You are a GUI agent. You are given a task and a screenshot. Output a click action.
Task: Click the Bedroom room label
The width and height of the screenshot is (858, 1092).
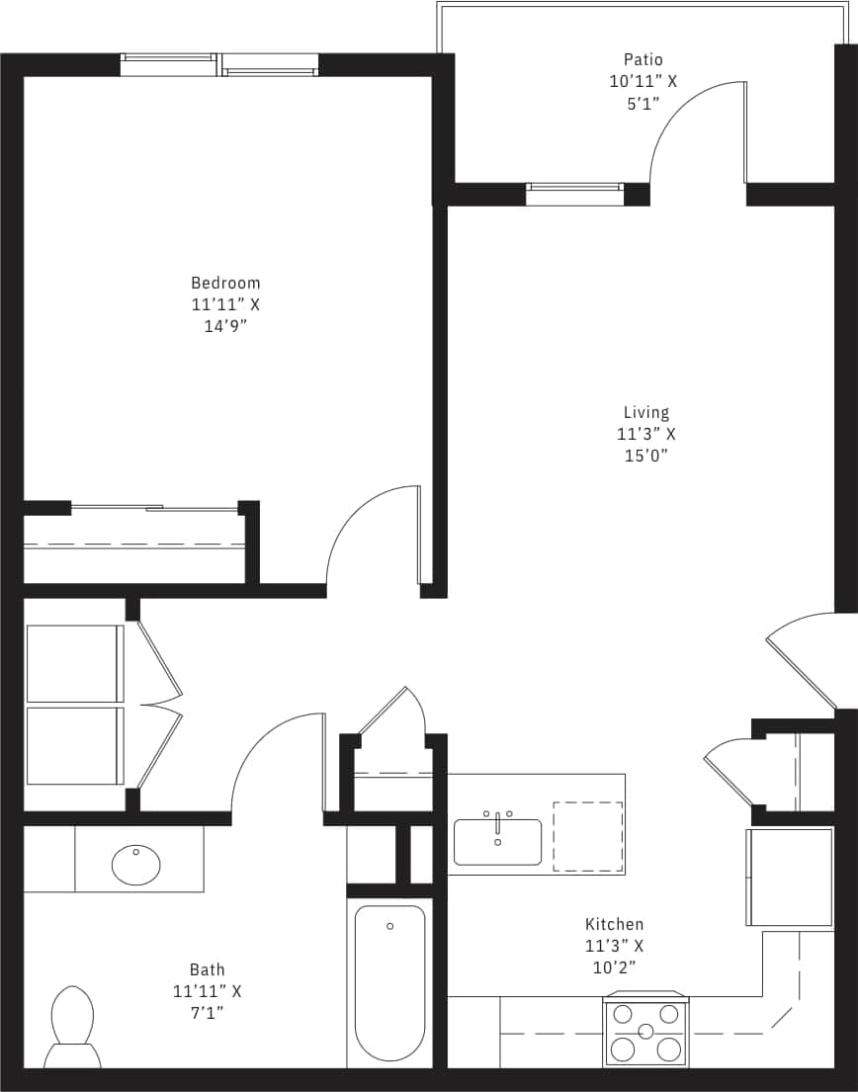tap(225, 283)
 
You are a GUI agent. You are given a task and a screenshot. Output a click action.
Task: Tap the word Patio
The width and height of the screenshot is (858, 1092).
tap(643, 60)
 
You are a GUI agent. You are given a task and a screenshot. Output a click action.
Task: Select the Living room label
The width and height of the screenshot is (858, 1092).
tap(645, 412)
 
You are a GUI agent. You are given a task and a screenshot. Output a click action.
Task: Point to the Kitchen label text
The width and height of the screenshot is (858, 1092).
tap(614, 924)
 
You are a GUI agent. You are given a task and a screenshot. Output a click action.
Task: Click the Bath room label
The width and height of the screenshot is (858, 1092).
tap(207, 969)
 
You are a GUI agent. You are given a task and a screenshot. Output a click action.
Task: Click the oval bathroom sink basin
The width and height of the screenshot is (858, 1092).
tap(135, 865)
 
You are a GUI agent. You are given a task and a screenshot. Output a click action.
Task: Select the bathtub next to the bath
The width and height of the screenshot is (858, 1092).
tap(389, 982)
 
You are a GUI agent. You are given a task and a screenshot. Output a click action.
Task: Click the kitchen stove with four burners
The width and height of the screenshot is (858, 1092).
tap(645, 1031)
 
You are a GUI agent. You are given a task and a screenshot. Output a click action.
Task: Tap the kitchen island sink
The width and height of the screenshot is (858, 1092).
tap(497, 841)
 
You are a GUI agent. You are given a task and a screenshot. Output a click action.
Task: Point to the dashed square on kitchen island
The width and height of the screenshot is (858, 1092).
tap(587, 836)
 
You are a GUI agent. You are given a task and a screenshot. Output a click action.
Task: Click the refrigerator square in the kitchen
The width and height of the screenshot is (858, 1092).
tap(790, 877)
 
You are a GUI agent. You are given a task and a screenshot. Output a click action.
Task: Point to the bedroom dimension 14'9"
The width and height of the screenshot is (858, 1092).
tap(225, 326)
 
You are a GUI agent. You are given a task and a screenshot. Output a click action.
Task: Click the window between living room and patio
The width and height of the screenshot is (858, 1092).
tap(574, 194)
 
